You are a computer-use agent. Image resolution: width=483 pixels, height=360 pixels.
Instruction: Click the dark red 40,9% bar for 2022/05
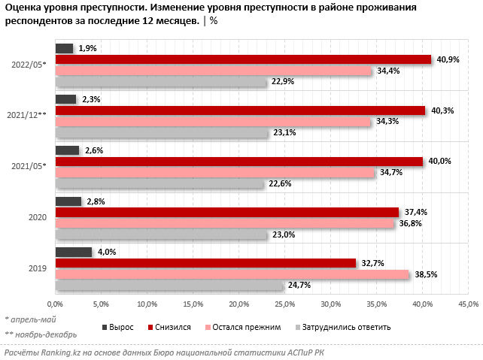point(242,59)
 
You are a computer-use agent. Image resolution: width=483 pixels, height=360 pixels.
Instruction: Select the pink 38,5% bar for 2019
point(232,274)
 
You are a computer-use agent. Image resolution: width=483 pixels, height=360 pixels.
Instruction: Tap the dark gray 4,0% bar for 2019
point(73,252)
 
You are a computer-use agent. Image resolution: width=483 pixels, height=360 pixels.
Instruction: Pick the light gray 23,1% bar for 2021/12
point(162,132)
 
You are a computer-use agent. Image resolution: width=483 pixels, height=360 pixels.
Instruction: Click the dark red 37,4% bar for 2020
point(226,212)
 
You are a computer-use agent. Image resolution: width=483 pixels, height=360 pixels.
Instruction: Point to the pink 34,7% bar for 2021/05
point(214,172)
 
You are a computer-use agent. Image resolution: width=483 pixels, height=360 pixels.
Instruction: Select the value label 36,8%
point(408,223)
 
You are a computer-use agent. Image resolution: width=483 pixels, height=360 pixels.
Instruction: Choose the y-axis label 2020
point(37,217)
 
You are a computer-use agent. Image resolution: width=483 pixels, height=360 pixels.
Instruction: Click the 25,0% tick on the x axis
point(284,304)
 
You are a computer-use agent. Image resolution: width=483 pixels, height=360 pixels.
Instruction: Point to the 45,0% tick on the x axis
point(468,304)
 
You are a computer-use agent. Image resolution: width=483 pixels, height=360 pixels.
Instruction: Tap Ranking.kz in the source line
point(60,352)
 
